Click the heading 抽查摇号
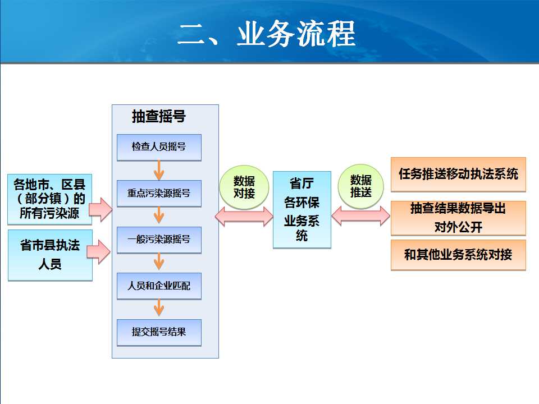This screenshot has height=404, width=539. coord(159,116)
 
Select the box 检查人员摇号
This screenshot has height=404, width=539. coord(159,148)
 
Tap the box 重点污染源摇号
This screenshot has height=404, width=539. coord(159,194)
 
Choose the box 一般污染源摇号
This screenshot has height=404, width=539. coord(159,240)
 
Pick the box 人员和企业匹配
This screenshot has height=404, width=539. coord(159,286)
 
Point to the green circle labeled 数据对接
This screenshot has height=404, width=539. coord(244,187)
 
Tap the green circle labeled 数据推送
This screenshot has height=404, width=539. coord(360,186)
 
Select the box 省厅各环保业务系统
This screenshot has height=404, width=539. coord(302,209)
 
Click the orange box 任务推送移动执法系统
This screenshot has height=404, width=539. coord(458,174)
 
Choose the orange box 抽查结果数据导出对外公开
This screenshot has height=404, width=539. coord(458,218)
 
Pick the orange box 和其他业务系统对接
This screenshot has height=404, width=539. coord(458,255)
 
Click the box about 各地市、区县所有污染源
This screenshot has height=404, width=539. coord(49,199)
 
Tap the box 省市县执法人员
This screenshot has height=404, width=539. coord(50,255)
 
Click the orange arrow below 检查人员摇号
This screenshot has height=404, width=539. coord(159,171)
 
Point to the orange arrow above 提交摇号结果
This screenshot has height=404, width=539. coord(159,308)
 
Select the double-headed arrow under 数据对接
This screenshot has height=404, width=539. coord(244,217)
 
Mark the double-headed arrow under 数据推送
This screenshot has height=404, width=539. coord(361,215)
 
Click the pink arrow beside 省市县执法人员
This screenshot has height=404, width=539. coord(99,252)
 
